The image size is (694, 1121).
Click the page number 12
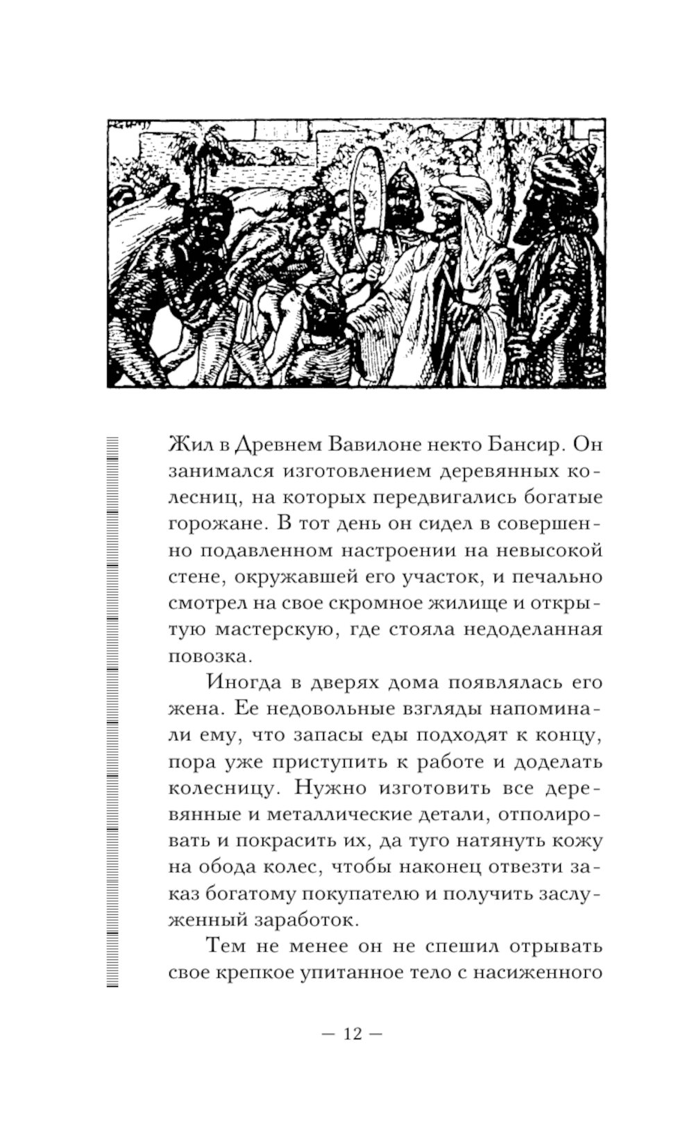pos(352,1034)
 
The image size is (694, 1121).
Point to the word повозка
pos(206,656)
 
